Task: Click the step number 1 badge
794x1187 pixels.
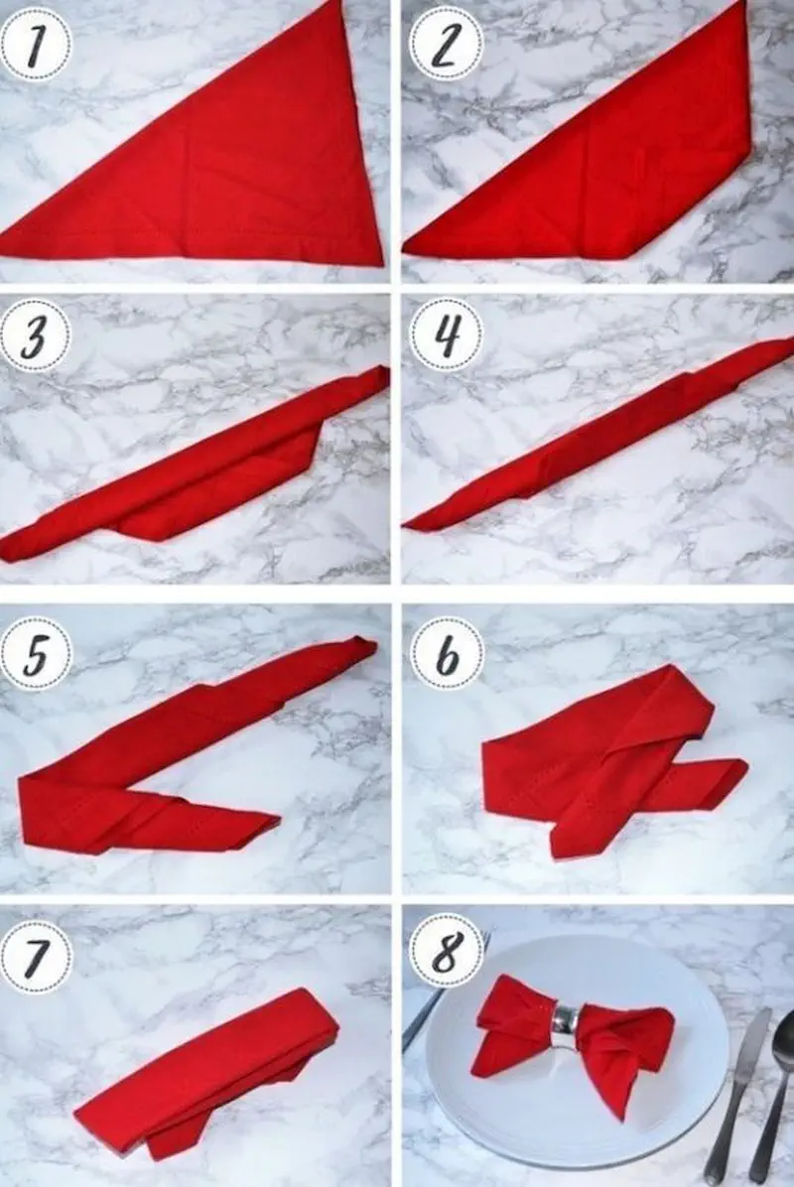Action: tap(37, 44)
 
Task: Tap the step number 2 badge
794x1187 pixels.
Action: tap(446, 44)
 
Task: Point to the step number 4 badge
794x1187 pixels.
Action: tap(446, 335)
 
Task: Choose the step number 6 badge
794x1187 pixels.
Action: tap(446, 652)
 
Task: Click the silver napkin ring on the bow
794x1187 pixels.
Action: tap(565, 1027)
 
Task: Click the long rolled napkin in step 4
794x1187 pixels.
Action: tap(597, 433)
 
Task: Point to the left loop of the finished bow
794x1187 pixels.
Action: tap(515, 1018)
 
